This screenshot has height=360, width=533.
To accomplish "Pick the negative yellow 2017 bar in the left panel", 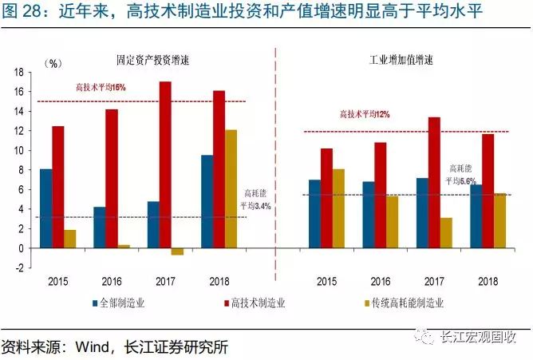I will (x=177, y=251).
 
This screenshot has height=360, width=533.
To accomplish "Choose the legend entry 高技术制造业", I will (x=259, y=303).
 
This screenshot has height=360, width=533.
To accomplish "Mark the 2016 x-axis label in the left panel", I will (x=112, y=282).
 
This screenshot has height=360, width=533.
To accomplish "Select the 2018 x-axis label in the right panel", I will (x=488, y=282).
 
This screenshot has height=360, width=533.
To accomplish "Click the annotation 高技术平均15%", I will (x=101, y=86).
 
